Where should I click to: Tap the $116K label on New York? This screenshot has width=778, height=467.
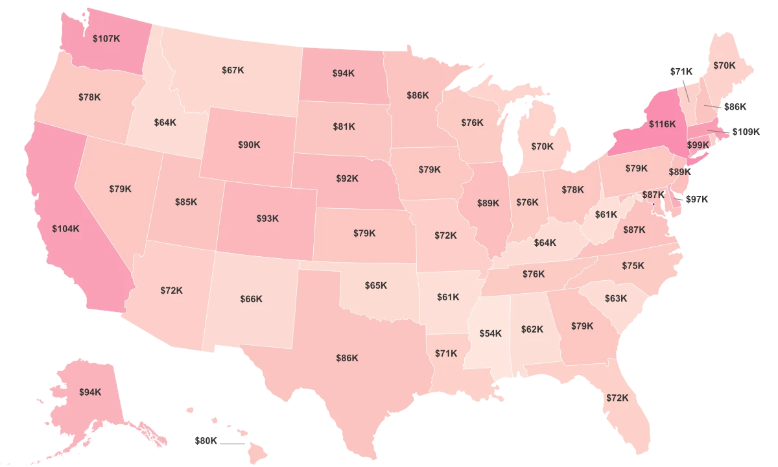(x=662, y=123)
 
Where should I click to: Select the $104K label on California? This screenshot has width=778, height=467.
(x=65, y=228)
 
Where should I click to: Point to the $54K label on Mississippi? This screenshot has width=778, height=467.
(x=490, y=333)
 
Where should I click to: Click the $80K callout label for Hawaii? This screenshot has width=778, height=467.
(x=206, y=441)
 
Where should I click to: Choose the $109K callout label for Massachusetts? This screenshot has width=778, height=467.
(x=745, y=132)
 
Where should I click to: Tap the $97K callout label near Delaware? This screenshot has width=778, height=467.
(x=697, y=199)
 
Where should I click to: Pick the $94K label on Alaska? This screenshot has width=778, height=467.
(x=90, y=392)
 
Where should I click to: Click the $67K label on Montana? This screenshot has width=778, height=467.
(x=232, y=69)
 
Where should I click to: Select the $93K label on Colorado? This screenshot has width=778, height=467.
(x=267, y=219)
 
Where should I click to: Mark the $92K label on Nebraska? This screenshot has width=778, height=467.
(x=347, y=178)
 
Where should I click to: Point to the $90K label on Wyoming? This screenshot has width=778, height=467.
(x=249, y=144)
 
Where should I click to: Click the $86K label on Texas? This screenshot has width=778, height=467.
(x=347, y=357)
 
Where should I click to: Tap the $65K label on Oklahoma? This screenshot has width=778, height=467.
(x=375, y=285)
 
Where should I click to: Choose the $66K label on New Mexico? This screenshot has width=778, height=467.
(x=251, y=299)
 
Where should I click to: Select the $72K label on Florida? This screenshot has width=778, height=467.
(x=617, y=398)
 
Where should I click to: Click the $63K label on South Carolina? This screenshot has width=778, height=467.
(x=616, y=298)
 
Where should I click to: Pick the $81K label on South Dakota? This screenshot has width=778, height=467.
(x=344, y=126)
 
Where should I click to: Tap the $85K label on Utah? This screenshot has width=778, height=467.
(x=186, y=202)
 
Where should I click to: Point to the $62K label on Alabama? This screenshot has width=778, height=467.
(x=532, y=329)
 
